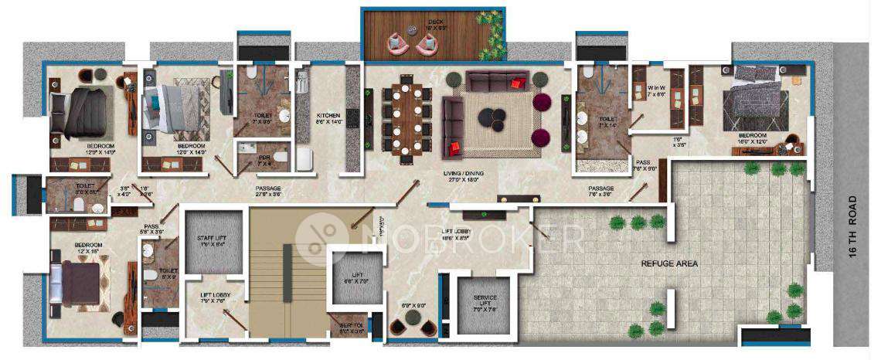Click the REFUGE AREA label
[669, 263]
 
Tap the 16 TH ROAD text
[852, 231]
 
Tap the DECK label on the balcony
[434, 22]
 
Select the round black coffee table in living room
[492, 117]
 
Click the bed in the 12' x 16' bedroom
[79, 281]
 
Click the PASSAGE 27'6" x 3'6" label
[269, 190]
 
